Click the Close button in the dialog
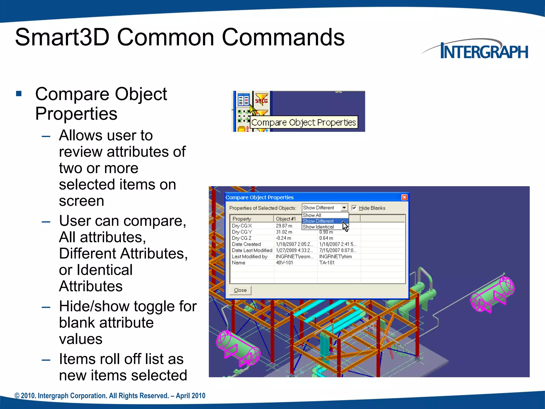click(x=240, y=290)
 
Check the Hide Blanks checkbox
click(x=354, y=208)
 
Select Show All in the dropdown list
click(x=312, y=215)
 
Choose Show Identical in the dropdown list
click(x=318, y=227)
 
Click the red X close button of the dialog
click(x=404, y=197)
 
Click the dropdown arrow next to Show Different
click(x=344, y=208)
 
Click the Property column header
click(x=242, y=219)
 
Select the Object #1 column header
click(x=286, y=219)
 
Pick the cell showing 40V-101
click(x=284, y=263)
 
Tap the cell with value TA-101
click(x=327, y=263)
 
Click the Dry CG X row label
click(x=242, y=226)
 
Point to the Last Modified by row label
click(x=250, y=256)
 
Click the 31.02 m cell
click(x=284, y=232)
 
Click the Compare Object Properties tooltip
click(x=304, y=122)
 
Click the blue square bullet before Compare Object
click(x=19, y=93)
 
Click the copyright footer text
click(x=110, y=396)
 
